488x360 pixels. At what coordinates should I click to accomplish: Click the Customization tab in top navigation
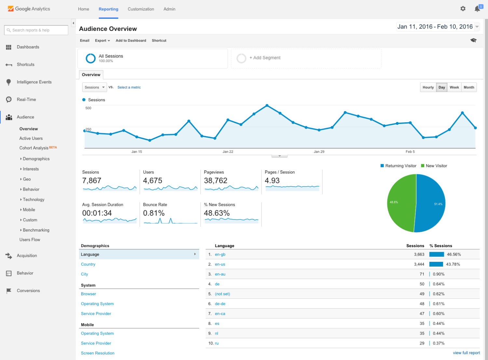pyautogui.click(x=141, y=9)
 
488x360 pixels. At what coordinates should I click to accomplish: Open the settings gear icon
pyautogui.click(x=463, y=9)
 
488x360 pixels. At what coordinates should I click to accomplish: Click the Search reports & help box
pyautogui.click(x=36, y=30)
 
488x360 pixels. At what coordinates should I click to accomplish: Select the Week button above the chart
pyautogui.click(x=454, y=87)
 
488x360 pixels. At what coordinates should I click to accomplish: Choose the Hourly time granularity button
pyautogui.click(x=428, y=87)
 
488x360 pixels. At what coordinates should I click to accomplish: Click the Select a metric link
pyautogui.click(x=129, y=87)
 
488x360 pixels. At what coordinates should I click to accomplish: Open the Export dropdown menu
pyautogui.click(x=102, y=41)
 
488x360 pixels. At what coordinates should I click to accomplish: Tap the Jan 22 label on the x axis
pyautogui.click(x=228, y=152)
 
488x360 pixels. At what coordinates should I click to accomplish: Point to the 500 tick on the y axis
pyautogui.click(x=88, y=108)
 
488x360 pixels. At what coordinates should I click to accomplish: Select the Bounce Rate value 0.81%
pyautogui.click(x=154, y=213)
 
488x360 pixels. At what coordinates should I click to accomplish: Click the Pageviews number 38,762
pyautogui.click(x=215, y=180)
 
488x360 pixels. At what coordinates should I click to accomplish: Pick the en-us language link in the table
pyautogui.click(x=220, y=264)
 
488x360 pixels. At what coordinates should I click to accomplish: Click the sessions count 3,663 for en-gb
pyautogui.click(x=419, y=254)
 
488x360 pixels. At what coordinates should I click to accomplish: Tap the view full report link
pyautogui.click(x=466, y=353)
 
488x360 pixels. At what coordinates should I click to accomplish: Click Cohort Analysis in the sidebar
pyautogui.click(x=34, y=148)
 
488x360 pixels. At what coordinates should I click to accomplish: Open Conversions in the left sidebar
pyautogui.click(x=28, y=291)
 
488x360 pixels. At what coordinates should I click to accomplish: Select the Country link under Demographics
pyautogui.click(x=88, y=264)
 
